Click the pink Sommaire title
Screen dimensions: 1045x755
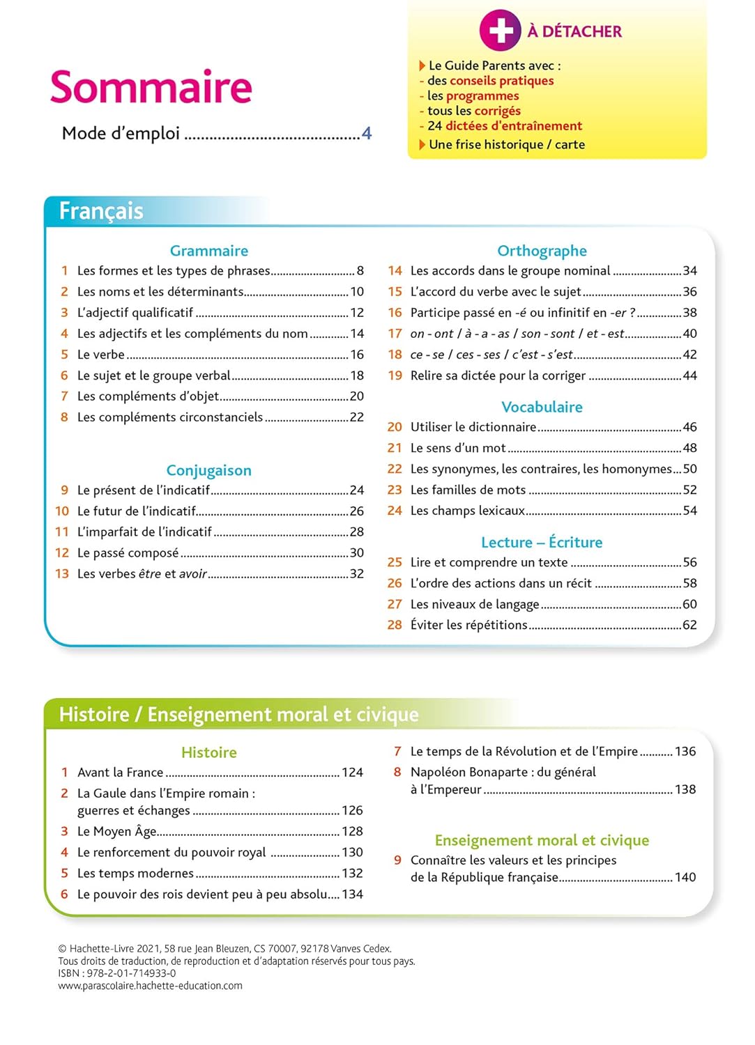pyautogui.click(x=151, y=87)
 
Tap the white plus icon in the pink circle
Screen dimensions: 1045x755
pyautogui.click(x=500, y=31)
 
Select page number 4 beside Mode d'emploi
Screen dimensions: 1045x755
pyautogui.click(x=367, y=133)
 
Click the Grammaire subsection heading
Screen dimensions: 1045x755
pyautogui.click(x=208, y=251)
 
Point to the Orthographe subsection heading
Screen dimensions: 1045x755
pyautogui.click(x=542, y=251)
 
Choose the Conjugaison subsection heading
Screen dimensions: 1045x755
pyautogui.click(x=208, y=470)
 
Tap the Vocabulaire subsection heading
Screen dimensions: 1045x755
pyautogui.click(x=542, y=407)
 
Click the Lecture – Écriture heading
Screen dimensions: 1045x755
pyautogui.click(x=542, y=542)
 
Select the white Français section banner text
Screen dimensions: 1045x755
pyautogui.click(x=101, y=210)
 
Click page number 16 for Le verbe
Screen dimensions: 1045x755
pyautogui.click(x=357, y=355)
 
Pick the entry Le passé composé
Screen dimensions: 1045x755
pyautogui.click(x=128, y=553)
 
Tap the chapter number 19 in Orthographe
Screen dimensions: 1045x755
pyautogui.click(x=395, y=376)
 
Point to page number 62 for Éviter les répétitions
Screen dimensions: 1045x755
pyautogui.click(x=689, y=625)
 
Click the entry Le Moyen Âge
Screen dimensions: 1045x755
pyautogui.click(x=117, y=832)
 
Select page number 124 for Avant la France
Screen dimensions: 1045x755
pyautogui.click(x=352, y=772)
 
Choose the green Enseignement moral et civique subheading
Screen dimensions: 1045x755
pyautogui.click(x=542, y=840)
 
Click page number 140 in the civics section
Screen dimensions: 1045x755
pyautogui.click(x=685, y=877)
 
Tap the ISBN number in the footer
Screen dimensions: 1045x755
pyautogui.click(x=131, y=973)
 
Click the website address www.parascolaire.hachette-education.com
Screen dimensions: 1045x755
pyautogui.click(x=150, y=986)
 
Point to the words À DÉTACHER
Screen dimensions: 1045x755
pyautogui.click(x=574, y=31)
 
